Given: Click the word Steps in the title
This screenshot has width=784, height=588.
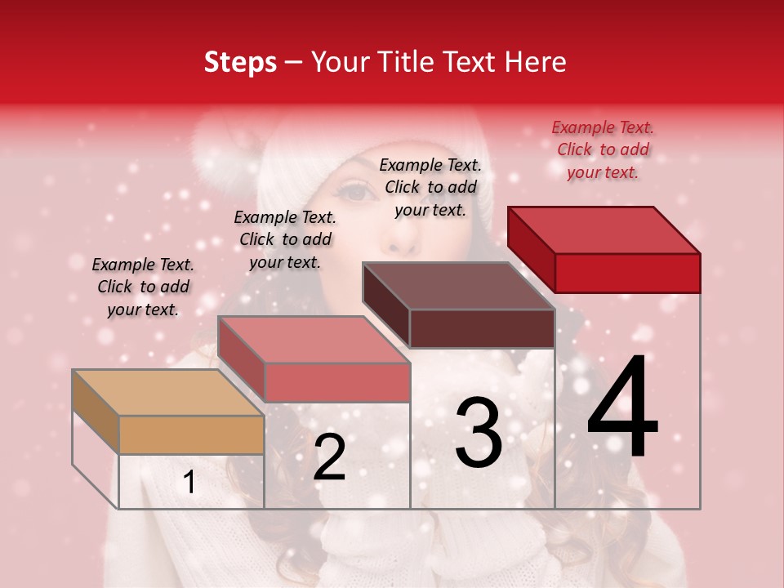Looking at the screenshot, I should pyautogui.click(x=240, y=62).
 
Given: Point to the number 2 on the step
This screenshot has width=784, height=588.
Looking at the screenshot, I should pyautogui.click(x=329, y=457).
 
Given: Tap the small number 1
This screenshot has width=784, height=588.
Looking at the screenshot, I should pyautogui.click(x=189, y=482).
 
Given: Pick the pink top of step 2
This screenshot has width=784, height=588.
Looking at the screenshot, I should pyautogui.click(x=314, y=340).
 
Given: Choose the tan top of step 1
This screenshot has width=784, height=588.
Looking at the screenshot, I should pyautogui.click(x=168, y=393).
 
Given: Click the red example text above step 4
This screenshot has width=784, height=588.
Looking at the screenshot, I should pyautogui.click(x=603, y=149).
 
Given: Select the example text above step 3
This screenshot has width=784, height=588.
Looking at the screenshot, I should pyautogui.click(x=430, y=187).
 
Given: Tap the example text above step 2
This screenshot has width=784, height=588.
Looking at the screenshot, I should pyautogui.click(x=285, y=239).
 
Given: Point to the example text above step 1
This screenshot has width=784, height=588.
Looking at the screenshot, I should pyautogui.click(x=143, y=287).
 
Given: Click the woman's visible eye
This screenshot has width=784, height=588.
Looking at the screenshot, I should pyautogui.click(x=353, y=193).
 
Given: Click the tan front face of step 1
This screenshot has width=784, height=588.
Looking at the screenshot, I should pyautogui.click(x=191, y=434).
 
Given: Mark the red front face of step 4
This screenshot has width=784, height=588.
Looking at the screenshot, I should pyautogui.click(x=627, y=273).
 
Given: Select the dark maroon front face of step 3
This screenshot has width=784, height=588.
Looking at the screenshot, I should pyautogui.click(x=482, y=328).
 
